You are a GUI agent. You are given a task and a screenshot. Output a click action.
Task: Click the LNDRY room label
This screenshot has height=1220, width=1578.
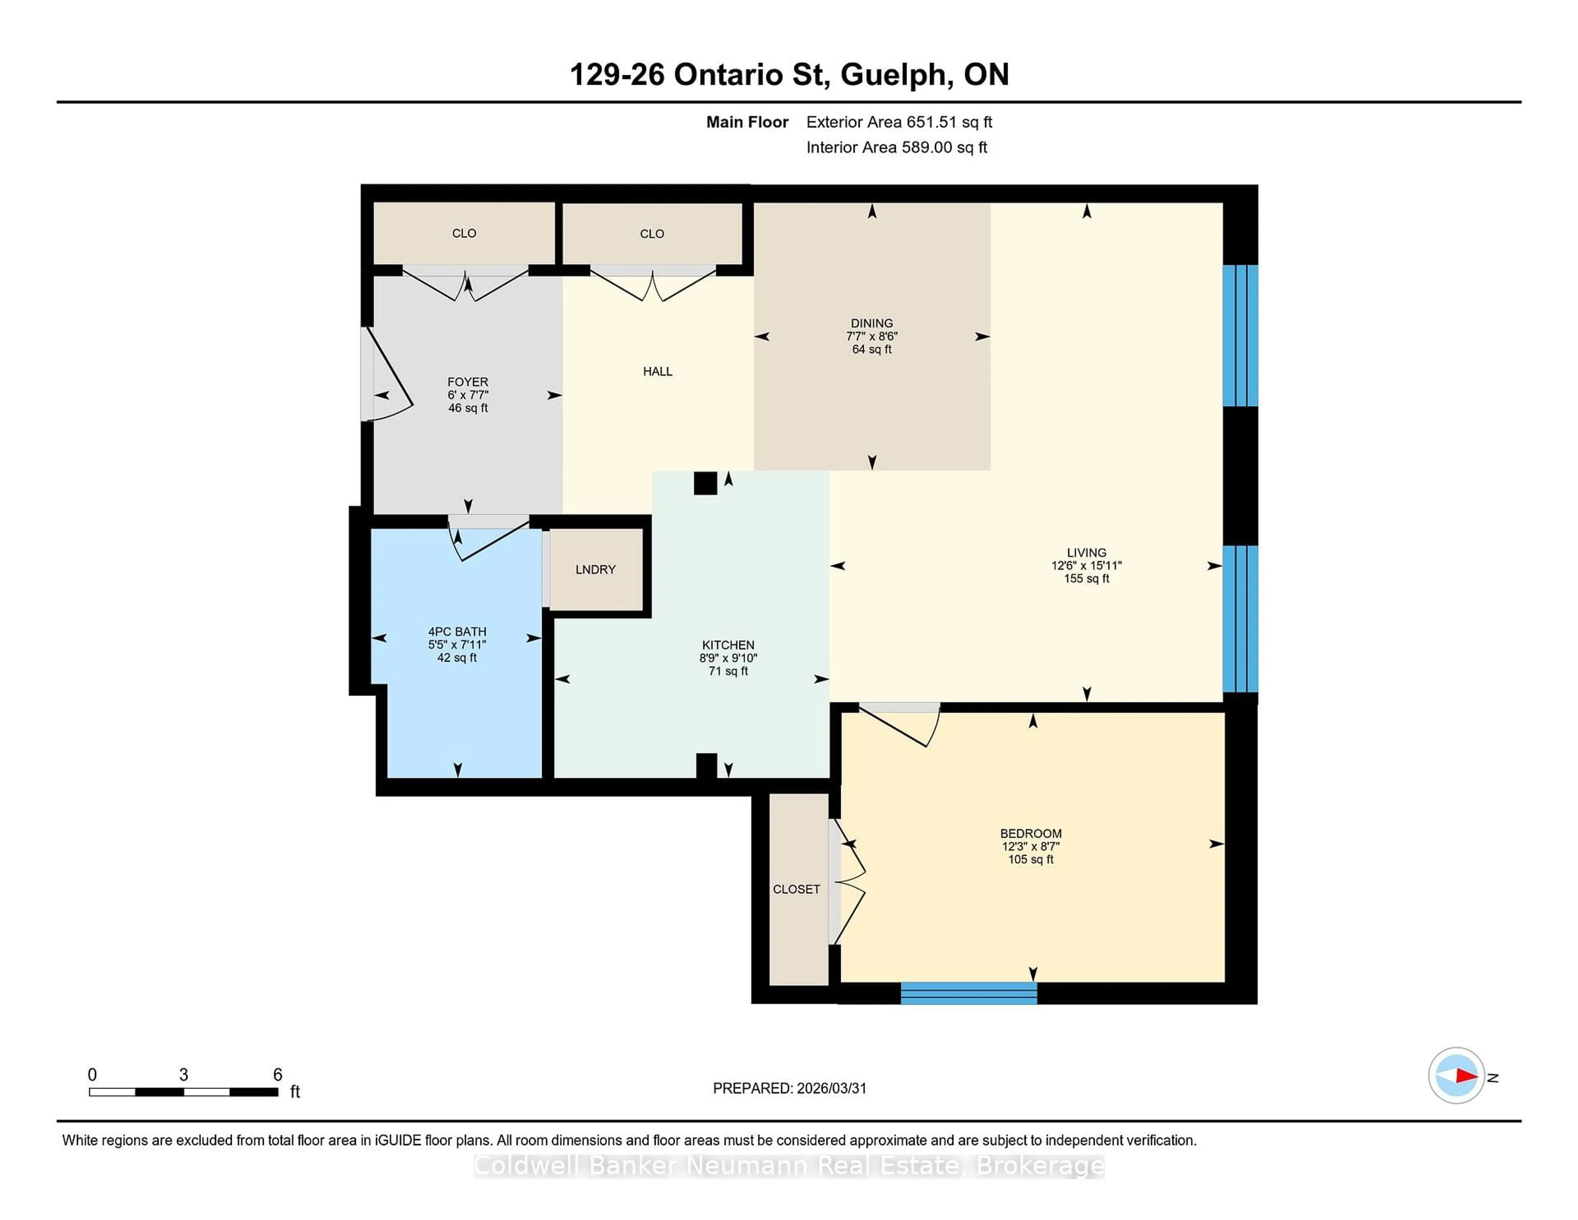595,570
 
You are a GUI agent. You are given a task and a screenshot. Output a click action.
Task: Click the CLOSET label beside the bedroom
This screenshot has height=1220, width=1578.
796,889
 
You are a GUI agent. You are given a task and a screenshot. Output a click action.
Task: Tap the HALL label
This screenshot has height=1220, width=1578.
657,372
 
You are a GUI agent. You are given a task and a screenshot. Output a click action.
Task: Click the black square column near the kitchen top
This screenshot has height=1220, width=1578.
705,483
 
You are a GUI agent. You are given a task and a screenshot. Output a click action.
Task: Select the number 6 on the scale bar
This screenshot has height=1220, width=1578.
277,1075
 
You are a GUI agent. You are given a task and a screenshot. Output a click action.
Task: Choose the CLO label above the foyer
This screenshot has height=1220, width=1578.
464,233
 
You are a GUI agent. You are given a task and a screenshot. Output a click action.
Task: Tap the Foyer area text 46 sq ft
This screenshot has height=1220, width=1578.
468,408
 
